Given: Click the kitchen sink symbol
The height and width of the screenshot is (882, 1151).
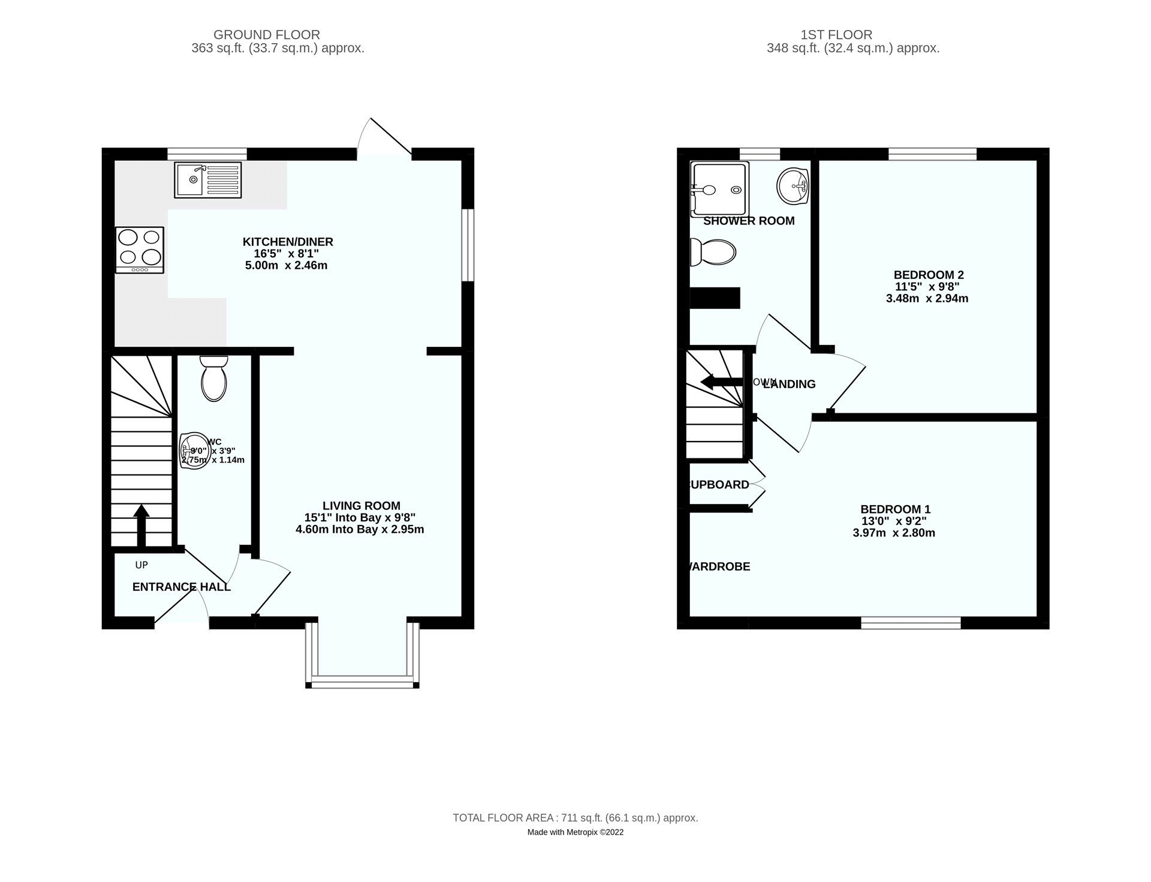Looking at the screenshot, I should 208,179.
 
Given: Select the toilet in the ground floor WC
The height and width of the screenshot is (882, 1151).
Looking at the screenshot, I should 213,379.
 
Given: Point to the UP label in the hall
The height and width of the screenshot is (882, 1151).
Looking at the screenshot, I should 141,565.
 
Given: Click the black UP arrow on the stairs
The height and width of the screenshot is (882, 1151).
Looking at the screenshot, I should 141,525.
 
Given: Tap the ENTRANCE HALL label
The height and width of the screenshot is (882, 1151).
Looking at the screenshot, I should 181,587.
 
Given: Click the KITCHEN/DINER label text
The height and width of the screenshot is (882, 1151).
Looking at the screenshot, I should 288,242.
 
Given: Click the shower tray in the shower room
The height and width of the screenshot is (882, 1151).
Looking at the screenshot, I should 719,189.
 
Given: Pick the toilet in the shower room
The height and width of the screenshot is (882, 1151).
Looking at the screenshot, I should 713,252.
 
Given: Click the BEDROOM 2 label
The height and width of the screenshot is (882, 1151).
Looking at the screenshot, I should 929,275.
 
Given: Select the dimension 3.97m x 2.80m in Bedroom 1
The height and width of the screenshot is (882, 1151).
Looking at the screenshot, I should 894,533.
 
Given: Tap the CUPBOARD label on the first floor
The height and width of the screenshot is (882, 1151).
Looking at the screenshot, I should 719,484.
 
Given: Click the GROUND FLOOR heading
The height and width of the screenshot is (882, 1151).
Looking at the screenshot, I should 267,35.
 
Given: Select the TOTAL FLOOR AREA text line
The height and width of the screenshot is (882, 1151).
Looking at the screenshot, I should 575,818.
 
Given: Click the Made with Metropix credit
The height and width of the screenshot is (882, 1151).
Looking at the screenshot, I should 575,832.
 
